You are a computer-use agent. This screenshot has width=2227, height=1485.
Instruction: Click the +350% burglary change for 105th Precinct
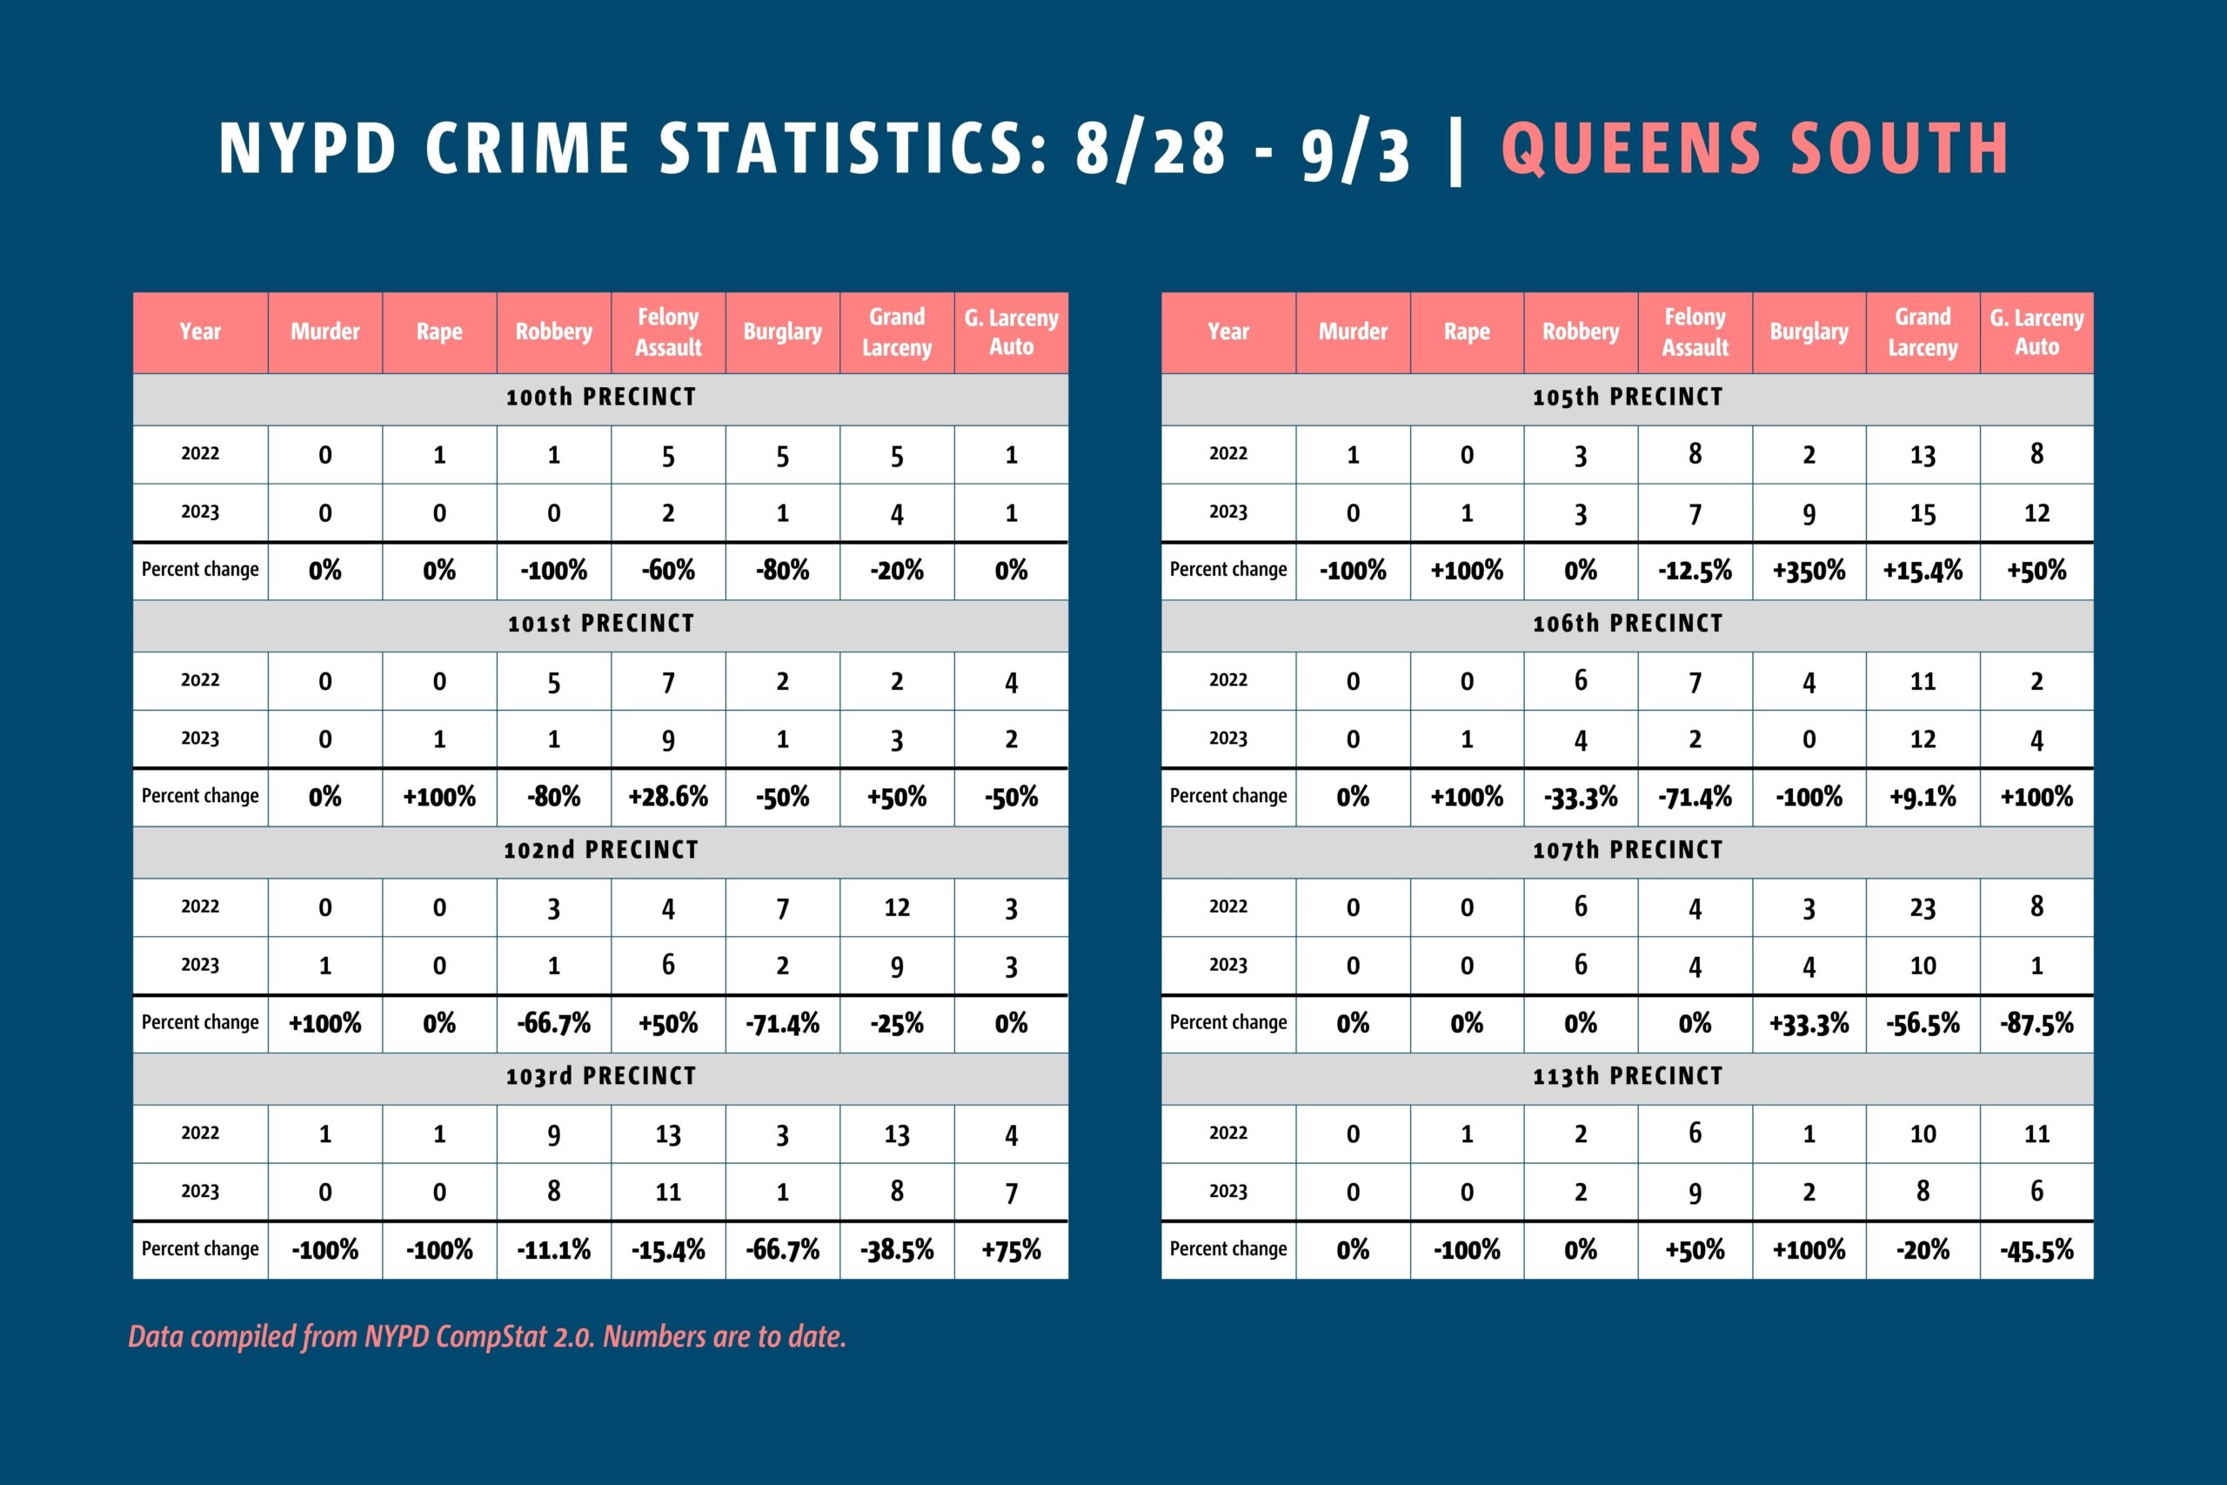[1809, 570]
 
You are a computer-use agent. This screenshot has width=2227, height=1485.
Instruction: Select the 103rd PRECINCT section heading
[601, 1076]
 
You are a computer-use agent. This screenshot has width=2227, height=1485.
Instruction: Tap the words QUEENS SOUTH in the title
[1755, 149]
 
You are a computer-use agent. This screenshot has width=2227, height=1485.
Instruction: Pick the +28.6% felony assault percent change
[667, 797]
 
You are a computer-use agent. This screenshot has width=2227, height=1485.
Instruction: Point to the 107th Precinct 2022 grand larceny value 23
[1923, 907]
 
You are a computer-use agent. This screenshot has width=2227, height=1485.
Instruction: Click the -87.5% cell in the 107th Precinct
[2036, 1023]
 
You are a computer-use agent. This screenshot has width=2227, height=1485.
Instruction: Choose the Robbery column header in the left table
[554, 331]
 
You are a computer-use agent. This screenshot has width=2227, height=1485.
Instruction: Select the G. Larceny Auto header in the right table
[2036, 331]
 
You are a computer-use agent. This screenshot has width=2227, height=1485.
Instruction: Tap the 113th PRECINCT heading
[1628, 1076]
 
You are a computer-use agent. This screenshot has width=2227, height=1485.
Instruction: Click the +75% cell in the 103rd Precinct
[1011, 1249]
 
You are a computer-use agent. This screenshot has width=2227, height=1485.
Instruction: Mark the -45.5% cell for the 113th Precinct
[2036, 1249]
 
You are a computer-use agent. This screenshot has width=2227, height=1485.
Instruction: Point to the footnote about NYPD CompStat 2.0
[486, 1336]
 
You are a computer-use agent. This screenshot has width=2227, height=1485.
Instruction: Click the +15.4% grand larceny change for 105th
[1923, 570]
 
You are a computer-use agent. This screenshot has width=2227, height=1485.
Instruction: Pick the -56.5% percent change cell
[1923, 1023]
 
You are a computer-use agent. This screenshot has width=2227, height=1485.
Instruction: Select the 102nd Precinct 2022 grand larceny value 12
[897, 907]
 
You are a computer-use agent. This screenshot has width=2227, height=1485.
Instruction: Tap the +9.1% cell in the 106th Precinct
[1923, 797]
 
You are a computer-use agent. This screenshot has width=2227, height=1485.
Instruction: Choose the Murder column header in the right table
[1352, 331]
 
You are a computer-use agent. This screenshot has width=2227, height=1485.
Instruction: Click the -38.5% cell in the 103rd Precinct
[897, 1249]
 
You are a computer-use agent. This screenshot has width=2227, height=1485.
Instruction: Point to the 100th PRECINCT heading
[601, 397]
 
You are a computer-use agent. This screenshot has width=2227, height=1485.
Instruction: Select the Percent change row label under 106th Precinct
[1228, 797]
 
